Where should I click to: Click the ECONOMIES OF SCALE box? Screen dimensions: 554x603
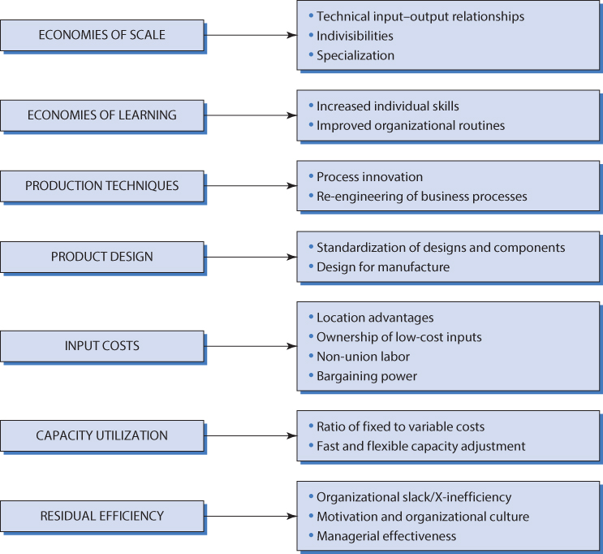pos(101,36)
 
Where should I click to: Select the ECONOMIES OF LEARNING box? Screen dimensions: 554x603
pos(101,115)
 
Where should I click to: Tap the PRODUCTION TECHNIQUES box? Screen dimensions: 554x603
pos(101,186)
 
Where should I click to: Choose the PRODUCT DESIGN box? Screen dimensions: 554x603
pos(101,257)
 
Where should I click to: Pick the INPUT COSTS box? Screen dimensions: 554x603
pos(101,346)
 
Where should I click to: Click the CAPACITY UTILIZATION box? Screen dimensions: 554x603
pos(101,435)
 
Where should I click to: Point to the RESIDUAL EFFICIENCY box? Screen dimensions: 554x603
pos(101,516)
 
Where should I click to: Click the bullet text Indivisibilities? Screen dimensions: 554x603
pos(355,36)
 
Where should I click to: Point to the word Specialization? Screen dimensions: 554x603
pos(355,56)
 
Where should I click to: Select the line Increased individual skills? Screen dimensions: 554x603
pos(388,106)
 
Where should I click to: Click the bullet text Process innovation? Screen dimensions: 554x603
pos(369,177)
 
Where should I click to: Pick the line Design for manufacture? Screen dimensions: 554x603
pos(383,267)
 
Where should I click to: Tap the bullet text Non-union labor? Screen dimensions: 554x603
pos(363,357)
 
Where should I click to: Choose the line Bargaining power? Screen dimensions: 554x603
pos(367,376)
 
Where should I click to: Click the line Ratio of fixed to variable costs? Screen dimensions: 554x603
pos(400,426)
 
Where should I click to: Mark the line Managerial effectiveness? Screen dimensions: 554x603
pos(386,536)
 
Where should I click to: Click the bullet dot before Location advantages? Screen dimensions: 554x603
pos(310,317)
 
